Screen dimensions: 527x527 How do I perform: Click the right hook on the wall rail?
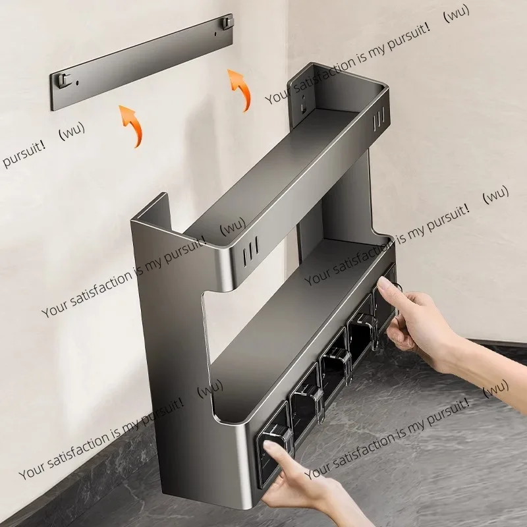(227, 22)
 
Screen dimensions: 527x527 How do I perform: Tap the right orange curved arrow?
(240, 89)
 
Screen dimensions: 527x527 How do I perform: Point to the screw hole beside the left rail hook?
(78, 82)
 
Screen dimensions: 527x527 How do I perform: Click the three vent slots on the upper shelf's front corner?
(250, 251)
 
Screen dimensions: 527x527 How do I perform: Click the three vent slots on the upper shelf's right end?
(379, 119)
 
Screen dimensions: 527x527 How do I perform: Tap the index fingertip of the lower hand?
(269, 447)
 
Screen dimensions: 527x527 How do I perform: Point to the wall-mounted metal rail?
(142, 62)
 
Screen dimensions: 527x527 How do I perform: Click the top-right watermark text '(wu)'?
(457, 14)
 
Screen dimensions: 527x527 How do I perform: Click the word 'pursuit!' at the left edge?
(24, 154)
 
